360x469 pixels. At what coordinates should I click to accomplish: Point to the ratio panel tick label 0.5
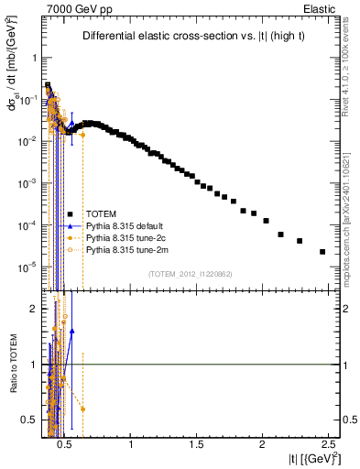pyautogui.click(x=27, y=420)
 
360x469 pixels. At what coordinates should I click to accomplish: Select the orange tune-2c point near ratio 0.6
pyautogui.click(x=83, y=409)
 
